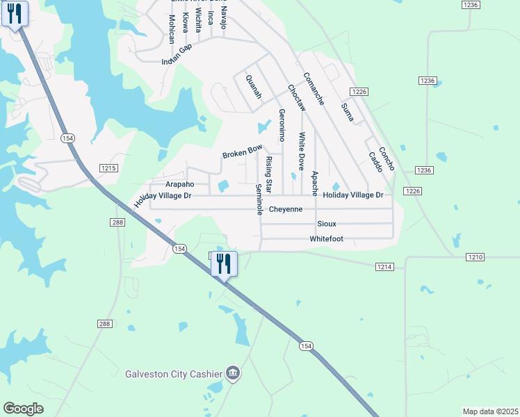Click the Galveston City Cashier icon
233,373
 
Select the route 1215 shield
108,168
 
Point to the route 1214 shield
385,267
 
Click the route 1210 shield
475,257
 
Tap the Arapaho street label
179,184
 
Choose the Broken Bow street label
242,151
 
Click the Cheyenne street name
286,209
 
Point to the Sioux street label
327,224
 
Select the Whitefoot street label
327,239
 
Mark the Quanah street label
254,87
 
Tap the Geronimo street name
282,123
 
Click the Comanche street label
314,89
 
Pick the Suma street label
348,111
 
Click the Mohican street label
172,28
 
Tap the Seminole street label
259,199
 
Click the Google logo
24,409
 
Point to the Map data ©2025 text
491,411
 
